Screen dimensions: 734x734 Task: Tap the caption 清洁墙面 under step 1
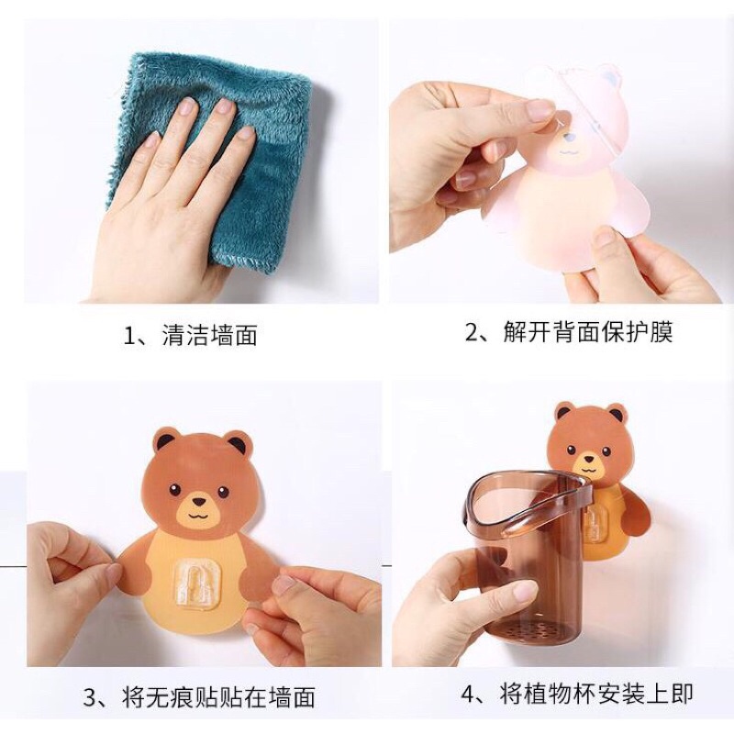(x=210, y=335)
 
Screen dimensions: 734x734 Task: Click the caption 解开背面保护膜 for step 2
(x=587, y=332)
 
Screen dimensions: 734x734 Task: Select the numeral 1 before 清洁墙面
(x=130, y=336)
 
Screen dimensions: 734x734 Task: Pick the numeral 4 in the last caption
(x=471, y=694)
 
